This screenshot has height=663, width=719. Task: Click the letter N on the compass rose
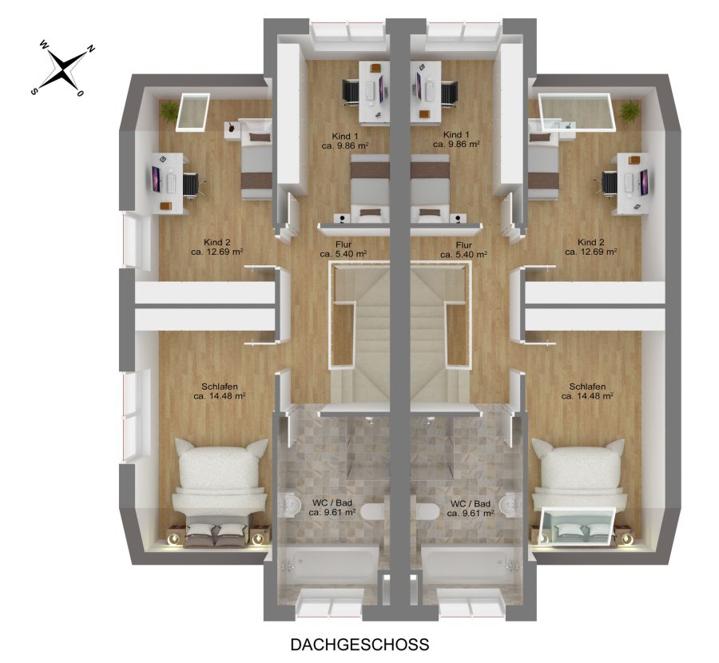click(x=91, y=49)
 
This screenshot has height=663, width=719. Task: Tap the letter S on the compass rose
click(x=34, y=91)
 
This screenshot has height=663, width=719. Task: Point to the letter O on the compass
click(x=80, y=93)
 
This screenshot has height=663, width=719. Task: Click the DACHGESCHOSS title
click(x=360, y=645)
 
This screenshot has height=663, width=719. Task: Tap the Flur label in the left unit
click(x=343, y=245)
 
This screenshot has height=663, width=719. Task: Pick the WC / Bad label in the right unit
click(x=471, y=503)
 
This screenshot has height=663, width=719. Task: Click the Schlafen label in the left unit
click(x=220, y=387)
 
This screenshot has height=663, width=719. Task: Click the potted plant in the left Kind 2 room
click(x=169, y=111)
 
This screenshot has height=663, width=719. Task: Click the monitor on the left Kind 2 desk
click(x=157, y=180)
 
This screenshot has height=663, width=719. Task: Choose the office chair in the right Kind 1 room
click(x=449, y=95)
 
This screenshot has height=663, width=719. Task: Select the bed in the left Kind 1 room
click(x=370, y=189)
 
